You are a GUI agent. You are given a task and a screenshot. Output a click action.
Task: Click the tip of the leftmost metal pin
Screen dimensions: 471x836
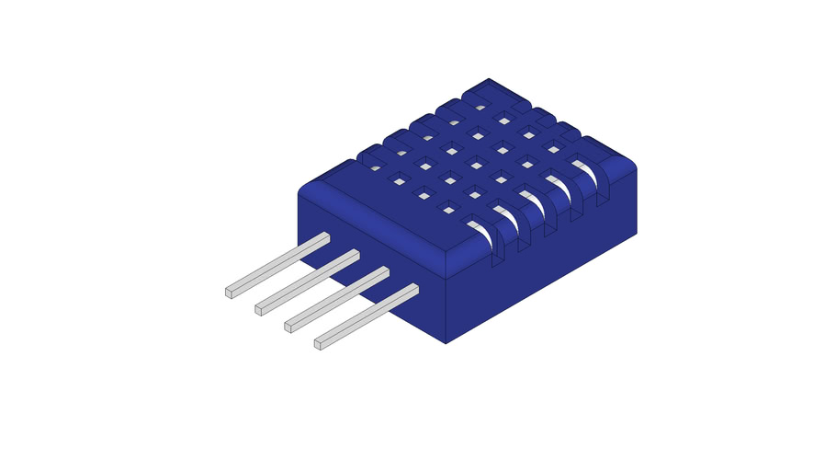230,293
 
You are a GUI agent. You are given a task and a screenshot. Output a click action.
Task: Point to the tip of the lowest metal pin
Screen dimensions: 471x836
319,344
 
